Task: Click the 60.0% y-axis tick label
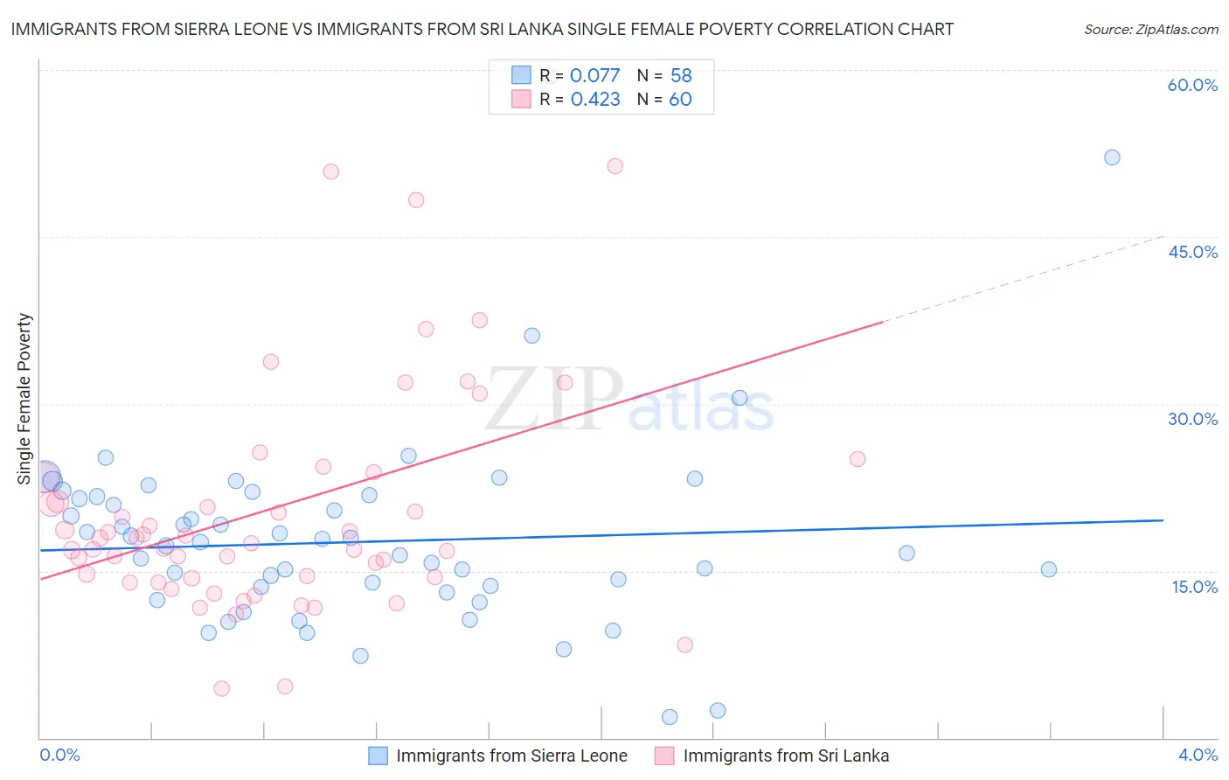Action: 1192,85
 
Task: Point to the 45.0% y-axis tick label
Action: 1192,252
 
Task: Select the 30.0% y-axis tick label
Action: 1192,419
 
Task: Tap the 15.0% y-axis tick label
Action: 1194,587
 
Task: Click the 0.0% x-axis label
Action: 59,755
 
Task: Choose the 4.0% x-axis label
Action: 1198,755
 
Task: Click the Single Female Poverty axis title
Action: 24,399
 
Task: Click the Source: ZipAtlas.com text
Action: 1150,30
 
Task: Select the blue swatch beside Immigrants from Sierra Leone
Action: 378,756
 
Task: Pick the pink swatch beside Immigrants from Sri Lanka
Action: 664,756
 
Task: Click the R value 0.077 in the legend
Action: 594,76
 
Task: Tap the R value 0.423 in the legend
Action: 595,100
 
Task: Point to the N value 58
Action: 681,76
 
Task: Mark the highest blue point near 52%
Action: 1112,157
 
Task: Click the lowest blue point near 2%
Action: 670,717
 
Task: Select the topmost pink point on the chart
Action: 614,166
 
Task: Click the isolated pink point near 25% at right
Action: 858,459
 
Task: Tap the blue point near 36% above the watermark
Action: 531,336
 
